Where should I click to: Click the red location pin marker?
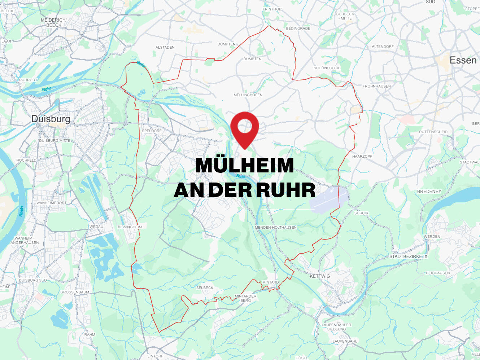pos(245,128)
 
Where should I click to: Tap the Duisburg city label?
pos(51,119)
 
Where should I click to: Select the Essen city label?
pos(463,60)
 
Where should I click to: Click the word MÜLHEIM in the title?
pos(245,166)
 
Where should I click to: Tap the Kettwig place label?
pos(320,276)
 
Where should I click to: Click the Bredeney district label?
pos(429,192)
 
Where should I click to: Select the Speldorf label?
pos(152,131)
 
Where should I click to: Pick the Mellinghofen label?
pos(248,95)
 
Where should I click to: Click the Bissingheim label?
pos(130,227)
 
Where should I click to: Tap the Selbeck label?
pos(205,288)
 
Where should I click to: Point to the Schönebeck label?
pos(326,68)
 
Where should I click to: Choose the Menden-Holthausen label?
pos(276,228)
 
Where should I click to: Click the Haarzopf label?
pos(362,157)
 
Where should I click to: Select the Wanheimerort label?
pos(51,203)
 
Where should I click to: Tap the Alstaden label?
pos(165,48)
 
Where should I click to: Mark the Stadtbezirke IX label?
pos(408,256)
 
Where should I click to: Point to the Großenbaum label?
pos(75,292)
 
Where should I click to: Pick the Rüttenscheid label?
pos(433,132)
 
